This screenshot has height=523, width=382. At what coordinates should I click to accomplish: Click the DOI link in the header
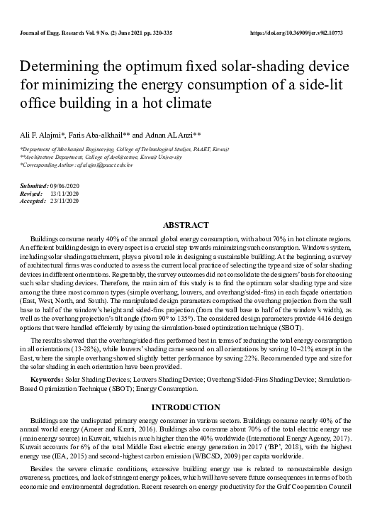tap(308, 33)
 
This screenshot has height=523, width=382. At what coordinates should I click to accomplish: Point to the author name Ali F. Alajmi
tap(43, 133)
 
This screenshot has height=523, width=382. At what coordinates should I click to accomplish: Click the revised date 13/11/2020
tap(64, 193)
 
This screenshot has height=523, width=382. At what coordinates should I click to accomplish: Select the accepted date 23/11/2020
tap(64, 201)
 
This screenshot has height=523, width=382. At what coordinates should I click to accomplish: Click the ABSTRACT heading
tap(191, 225)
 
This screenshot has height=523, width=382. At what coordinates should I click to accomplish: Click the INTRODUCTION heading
tap(191, 407)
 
